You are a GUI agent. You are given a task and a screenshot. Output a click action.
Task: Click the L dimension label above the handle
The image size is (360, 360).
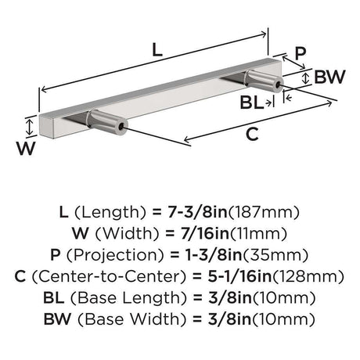click(157, 49)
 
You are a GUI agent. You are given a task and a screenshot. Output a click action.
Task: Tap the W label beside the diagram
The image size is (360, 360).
click(26, 148)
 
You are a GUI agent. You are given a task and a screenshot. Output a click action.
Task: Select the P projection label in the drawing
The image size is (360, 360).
click(300, 53)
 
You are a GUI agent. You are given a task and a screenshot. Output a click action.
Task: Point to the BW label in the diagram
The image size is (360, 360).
click(329, 77)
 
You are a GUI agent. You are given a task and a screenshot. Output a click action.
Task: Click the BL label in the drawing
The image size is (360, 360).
click(251, 103)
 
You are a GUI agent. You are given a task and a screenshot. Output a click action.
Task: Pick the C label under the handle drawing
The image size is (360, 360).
click(252, 135)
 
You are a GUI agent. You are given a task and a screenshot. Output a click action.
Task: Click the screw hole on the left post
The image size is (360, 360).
click(121, 127)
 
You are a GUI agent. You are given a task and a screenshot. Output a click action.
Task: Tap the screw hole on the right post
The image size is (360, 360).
click(278, 85)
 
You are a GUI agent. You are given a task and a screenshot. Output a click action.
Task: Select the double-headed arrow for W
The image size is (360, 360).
click(30, 127)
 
